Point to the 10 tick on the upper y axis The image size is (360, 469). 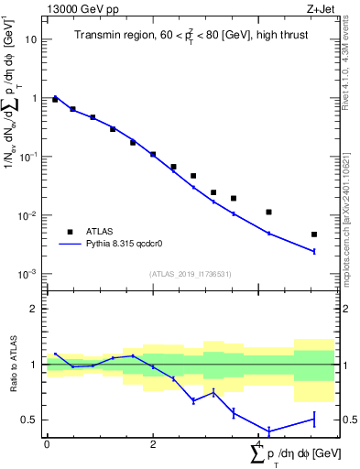34,39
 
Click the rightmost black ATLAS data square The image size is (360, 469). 314,234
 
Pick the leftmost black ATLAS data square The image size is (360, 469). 55,99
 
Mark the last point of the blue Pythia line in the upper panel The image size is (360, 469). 314,251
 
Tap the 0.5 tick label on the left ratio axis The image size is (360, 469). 33,420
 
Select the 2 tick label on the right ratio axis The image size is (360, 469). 343,309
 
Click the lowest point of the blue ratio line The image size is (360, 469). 269,431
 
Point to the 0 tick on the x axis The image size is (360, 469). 47,443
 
